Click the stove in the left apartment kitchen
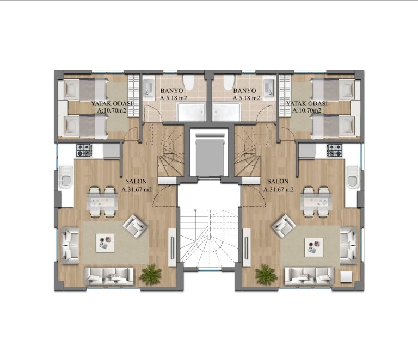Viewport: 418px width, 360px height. [84, 150]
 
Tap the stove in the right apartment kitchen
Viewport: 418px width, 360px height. [335, 150]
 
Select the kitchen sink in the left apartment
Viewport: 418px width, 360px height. [65, 177]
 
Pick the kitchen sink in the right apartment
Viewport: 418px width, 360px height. [353, 177]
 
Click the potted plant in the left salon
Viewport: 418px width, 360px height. [151, 275]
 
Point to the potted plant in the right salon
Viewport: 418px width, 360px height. [266, 275]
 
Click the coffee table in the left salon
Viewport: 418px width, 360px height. [105, 243]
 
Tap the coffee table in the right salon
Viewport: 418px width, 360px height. [314, 247]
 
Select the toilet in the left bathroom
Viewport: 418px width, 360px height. [189, 83]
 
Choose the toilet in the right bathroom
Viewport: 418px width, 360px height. [229, 83]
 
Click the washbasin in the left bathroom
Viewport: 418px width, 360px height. [148, 88]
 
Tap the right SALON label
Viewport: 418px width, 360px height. [278, 181]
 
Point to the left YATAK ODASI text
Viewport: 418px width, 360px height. [112, 104]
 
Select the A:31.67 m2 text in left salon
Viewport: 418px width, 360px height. [137, 190]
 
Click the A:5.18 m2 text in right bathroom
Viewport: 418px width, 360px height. [247, 98]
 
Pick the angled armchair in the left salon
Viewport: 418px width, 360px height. [135, 226]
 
